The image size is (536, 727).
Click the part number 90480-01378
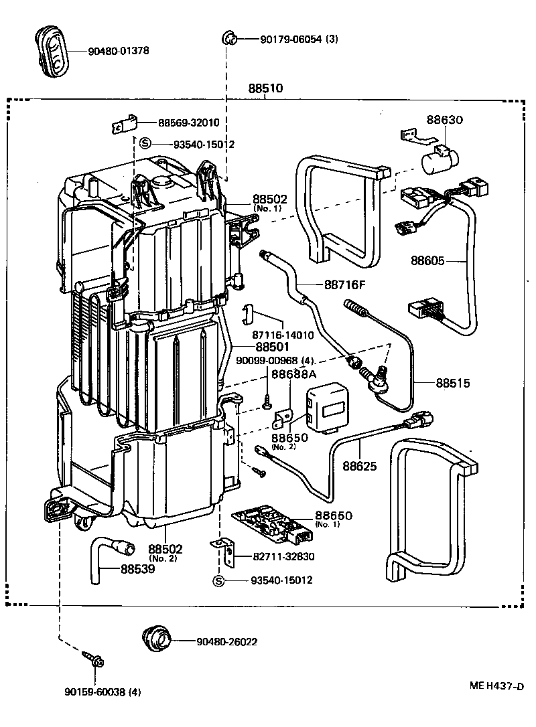click(118, 51)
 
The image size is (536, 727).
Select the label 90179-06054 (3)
click(299, 39)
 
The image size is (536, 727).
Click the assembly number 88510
click(265, 88)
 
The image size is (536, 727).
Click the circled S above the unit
click(145, 143)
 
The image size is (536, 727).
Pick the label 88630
click(445, 120)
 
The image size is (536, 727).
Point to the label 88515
click(453, 384)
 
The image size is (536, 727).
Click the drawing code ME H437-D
click(496, 686)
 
